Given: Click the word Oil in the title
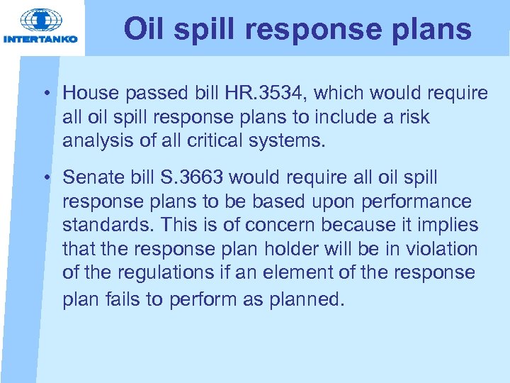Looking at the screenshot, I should coord(140,30).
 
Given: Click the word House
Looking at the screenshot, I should coord(89,94).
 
